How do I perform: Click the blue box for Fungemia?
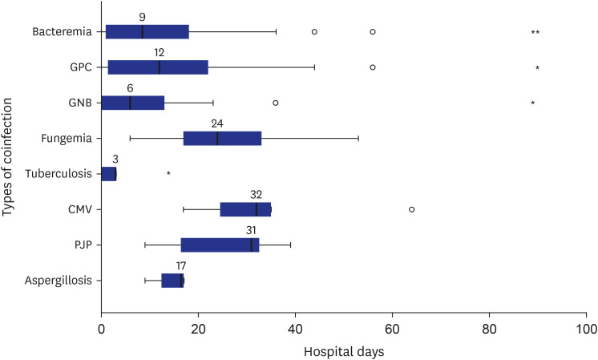[222, 139]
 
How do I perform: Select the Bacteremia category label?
[63, 31]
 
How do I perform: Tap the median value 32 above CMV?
[257, 195]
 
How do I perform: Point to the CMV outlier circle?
[411, 209]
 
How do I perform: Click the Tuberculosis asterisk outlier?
[168, 173]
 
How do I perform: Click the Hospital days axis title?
[344, 352]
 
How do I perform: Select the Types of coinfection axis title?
[7, 157]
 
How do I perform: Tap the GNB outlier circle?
[276, 103]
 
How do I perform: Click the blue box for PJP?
[220, 245]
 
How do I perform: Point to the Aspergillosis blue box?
[173, 281]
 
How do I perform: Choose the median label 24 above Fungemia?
[217, 124]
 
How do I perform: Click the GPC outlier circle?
[373, 67]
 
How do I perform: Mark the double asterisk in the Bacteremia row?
[535, 32]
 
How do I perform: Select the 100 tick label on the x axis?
[586, 329]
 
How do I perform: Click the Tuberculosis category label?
[59, 174]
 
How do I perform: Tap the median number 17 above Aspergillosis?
[181, 266]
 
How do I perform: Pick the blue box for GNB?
[133, 103]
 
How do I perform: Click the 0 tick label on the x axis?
[102, 329]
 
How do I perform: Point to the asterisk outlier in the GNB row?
[533, 103]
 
